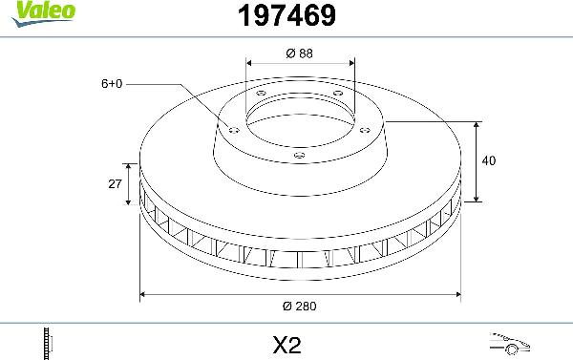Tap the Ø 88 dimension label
click(x=299, y=53)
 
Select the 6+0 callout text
click(x=111, y=84)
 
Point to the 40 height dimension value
click(x=489, y=161)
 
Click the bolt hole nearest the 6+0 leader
click(x=233, y=129)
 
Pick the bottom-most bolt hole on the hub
click(x=300, y=155)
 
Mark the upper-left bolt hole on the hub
click(x=260, y=93)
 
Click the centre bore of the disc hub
click(x=300, y=119)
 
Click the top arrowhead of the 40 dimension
click(x=477, y=125)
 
